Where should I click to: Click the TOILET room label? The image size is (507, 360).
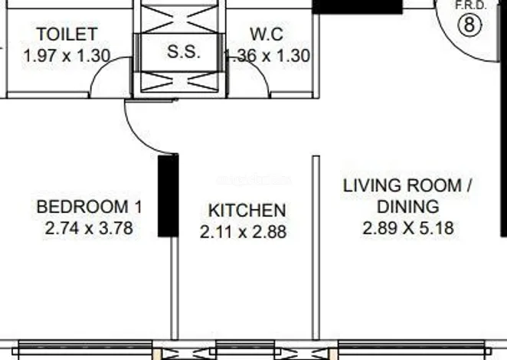(x=67, y=34)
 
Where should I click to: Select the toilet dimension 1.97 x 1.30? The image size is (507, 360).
(x=67, y=56)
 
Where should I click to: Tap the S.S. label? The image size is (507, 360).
(x=183, y=51)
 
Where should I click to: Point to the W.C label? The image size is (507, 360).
(x=267, y=34)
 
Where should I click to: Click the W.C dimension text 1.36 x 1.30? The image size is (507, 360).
(x=267, y=56)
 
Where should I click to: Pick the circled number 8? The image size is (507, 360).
(x=469, y=25)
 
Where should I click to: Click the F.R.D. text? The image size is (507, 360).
(x=470, y=5)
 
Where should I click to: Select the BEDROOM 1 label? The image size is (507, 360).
(x=89, y=207)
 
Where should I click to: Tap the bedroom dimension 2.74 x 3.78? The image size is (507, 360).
(x=89, y=228)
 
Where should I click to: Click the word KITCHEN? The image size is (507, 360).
(x=247, y=211)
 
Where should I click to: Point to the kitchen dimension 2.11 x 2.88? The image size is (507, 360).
(x=243, y=232)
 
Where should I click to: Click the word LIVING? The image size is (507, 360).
(x=370, y=185)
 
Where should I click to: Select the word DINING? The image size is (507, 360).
(x=408, y=207)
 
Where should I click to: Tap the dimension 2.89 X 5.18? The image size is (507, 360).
(x=408, y=228)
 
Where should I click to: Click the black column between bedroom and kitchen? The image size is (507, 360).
(x=168, y=195)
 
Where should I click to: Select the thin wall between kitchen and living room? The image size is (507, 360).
(x=316, y=247)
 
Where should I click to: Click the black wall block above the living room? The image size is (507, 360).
(x=358, y=7)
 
